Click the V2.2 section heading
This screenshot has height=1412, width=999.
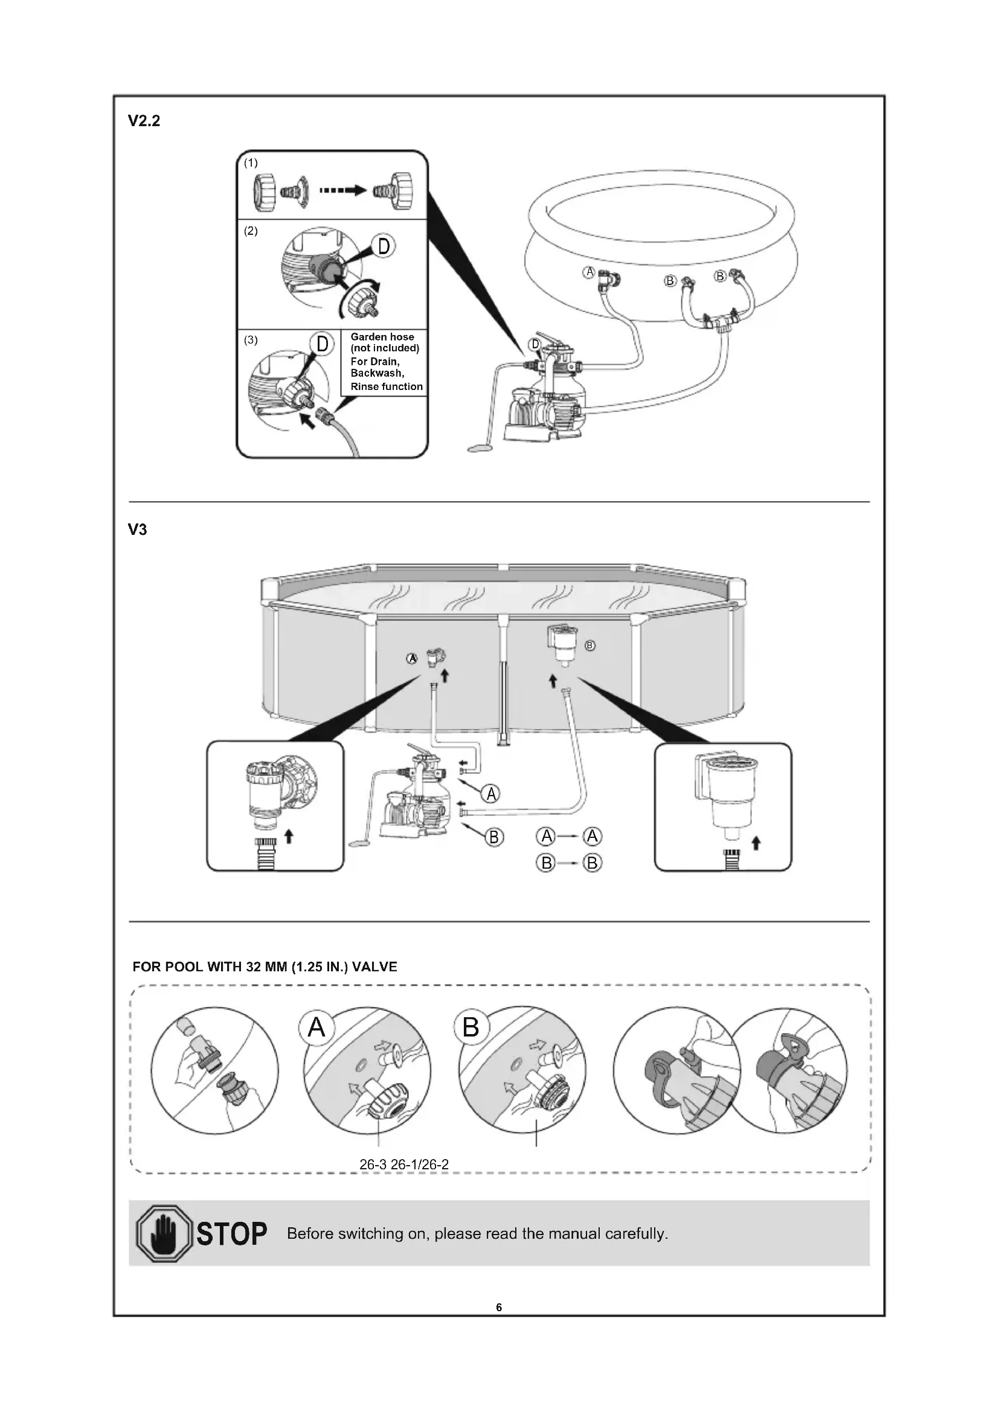pyautogui.click(x=144, y=121)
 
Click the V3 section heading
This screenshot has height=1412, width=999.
pyautogui.click(x=138, y=529)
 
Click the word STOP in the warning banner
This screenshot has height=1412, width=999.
pyautogui.click(x=232, y=1234)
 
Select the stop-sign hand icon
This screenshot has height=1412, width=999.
pyautogui.click(x=164, y=1234)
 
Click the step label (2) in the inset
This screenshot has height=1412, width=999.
pyautogui.click(x=251, y=231)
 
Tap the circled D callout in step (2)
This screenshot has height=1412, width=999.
pyautogui.click(x=384, y=247)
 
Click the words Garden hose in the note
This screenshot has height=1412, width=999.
pyautogui.click(x=382, y=336)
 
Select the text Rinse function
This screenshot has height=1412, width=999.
pyautogui.click(x=387, y=386)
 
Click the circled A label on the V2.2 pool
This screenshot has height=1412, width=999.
pyautogui.click(x=589, y=272)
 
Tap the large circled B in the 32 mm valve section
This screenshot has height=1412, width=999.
pyautogui.click(x=471, y=1027)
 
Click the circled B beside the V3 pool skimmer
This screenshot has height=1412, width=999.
pyautogui.click(x=590, y=646)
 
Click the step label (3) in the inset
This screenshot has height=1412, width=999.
pyautogui.click(x=251, y=340)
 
